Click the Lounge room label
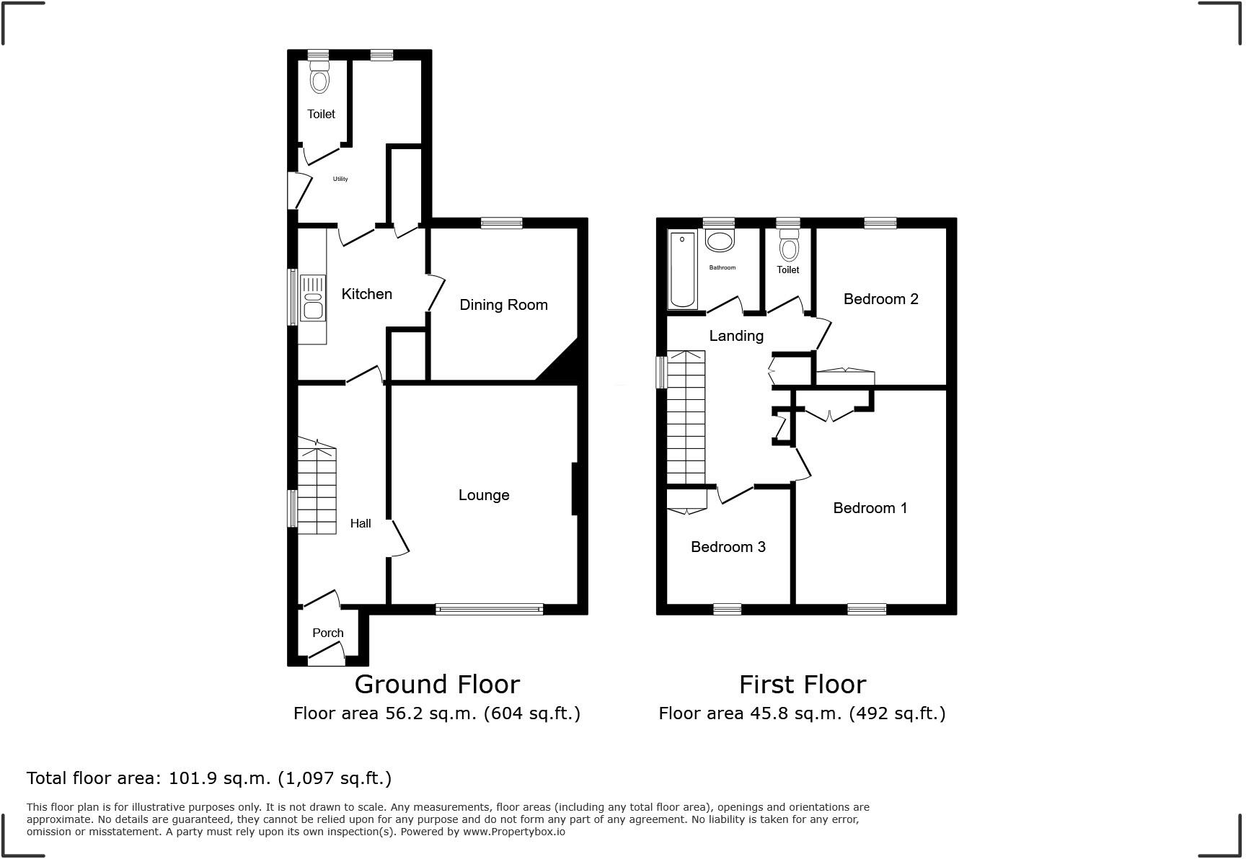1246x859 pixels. [x=484, y=495]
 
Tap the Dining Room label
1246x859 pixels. [x=503, y=305]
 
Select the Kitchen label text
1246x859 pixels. [x=366, y=294]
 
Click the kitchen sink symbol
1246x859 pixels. [x=312, y=297]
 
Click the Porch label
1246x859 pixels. [x=327, y=633]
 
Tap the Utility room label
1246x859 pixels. [x=340, y=179]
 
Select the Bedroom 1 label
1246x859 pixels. [x=870, y=508]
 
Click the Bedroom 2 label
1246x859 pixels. [x=880, y=299]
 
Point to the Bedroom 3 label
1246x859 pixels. [x=728, y=547]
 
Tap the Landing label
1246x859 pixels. [x=735, y=336]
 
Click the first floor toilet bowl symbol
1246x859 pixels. [x=790, y=247]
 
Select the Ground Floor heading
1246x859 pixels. [x=436, y=684]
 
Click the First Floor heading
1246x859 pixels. [x=802, y=684]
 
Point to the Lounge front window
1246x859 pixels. [x=489, y=610]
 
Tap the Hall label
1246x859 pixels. [x=361, y=523]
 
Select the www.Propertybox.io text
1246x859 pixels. [x=513, y=832]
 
